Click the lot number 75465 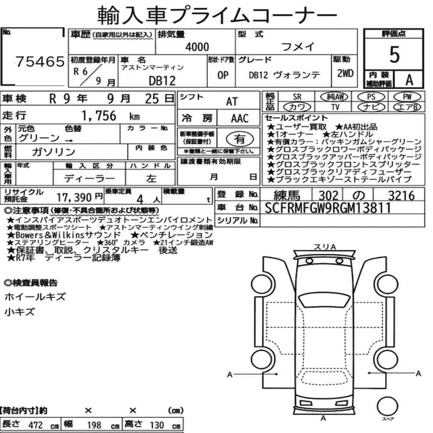tap(40, 61)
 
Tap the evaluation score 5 tap(394, 55)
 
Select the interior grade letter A tap(409, 80)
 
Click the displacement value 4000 tap(197, 47)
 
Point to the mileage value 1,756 tap(99, 116)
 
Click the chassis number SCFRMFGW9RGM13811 tap(328, 208)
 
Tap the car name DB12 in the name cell tap(162, 81)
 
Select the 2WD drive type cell tap(345, 74)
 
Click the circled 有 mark tap(239, 139)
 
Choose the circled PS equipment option tap(371, 97)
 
